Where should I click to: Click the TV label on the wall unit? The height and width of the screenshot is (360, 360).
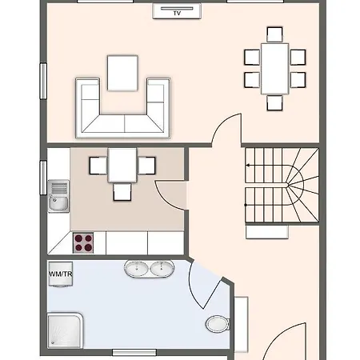[x=177, y=13]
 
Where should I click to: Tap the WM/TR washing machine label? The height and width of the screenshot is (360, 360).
[x=61, y=274]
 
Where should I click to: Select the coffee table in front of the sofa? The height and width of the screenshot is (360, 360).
[x=122, y=73]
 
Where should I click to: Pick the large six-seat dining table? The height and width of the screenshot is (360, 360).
[x=275, y=69]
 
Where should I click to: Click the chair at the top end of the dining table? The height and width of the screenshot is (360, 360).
[x=274, y=34]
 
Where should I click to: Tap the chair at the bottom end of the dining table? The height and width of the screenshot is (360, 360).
[x=274, y=102]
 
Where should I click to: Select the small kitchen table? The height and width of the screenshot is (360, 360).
[x=122, y=166]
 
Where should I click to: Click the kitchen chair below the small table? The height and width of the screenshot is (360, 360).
[x=122, y=192]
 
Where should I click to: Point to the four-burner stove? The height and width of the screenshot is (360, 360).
[x=83, y=243]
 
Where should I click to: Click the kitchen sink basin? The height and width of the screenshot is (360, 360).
[x=59, y=203]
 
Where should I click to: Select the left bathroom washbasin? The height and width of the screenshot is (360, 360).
[x=137, y=268]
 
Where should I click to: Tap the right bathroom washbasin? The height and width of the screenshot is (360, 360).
[x=162, y=268]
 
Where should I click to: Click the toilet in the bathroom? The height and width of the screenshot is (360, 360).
[x=218, y=324]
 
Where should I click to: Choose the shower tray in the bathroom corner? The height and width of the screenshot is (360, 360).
[x=65, y=330]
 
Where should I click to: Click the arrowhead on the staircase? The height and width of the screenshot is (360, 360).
[x=248, y=166]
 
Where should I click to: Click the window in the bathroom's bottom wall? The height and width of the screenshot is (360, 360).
[x=134, y=353]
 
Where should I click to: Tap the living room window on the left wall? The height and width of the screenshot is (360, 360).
[x=43, y=81]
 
